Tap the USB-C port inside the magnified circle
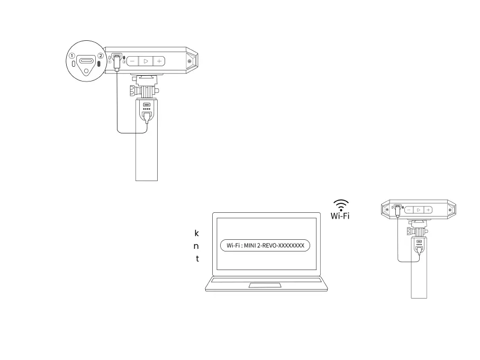click(x=86, y=61)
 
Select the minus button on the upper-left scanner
click(x=133, y=61)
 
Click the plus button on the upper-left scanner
click(x=159, y=61)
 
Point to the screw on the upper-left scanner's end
click(x=189, y=61)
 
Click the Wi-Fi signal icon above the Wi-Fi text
click(x=341, y=205)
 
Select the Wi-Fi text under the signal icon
click(x=340, y=216)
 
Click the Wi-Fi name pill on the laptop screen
click(x=265, y=246)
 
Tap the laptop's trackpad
click(x=265, y=285)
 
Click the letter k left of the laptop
click(x=197, y=233)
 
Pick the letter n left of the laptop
click(x=196, y=246)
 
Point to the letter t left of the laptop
click(x=197, y=259)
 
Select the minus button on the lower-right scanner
click(x=409, y=210)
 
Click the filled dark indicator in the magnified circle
click(x=99, y=64)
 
